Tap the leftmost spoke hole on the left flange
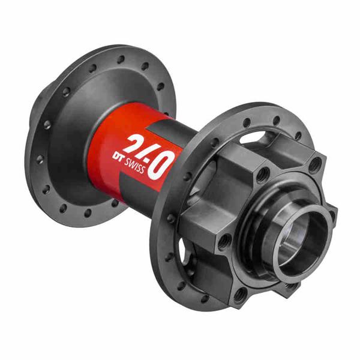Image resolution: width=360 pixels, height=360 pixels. [x=40, y=159]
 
